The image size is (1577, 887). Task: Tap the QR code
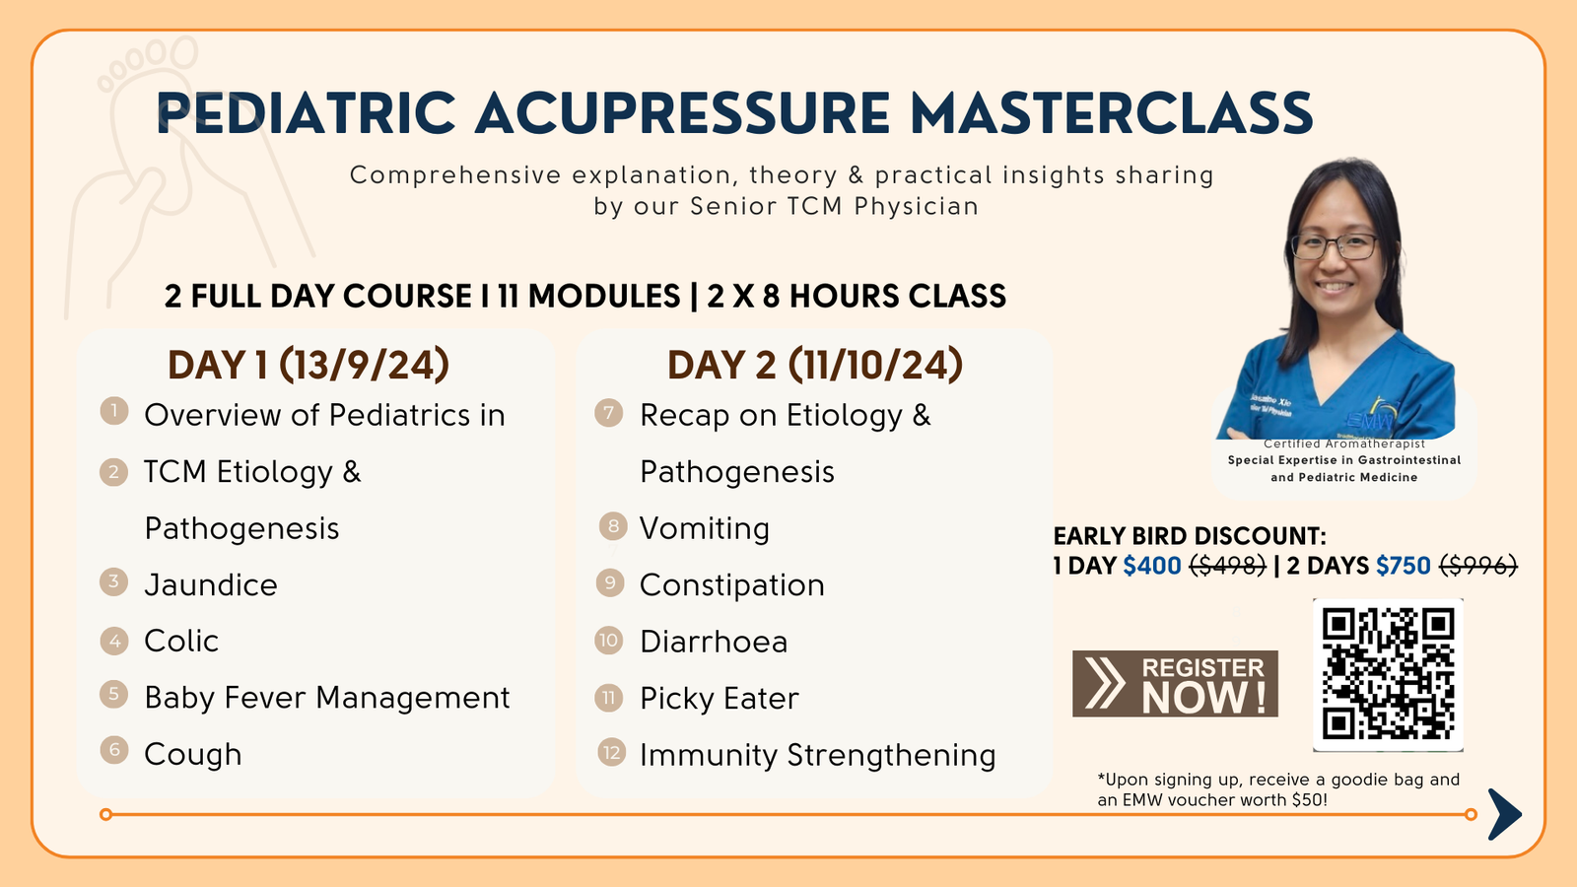(x=1388, y=675)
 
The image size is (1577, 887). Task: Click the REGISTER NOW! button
(x=1175, y=684)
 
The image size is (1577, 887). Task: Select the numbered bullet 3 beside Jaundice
(x=113, y=582)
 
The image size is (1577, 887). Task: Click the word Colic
(x=181, y=642)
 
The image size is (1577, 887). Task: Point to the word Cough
(x=193, y=755)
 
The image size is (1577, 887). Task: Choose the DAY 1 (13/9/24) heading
(x=309, y=365)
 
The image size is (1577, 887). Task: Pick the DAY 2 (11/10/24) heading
(x=814, y=365)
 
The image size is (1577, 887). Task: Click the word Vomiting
(x=704, y=528)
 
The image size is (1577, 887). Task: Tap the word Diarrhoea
(x=714, y=642)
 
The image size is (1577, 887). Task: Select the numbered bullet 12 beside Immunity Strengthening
(x=611, y=753)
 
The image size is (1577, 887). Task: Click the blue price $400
(x=1152, y=566)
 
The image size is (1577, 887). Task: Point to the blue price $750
(x=1404, y=566)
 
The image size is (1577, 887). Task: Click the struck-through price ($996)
(x=1477, y=566)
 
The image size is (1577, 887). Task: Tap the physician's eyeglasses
(x=1335, y=246)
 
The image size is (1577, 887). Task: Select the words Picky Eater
(x=719, y=699)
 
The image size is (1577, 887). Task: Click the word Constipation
(x=731, y=585)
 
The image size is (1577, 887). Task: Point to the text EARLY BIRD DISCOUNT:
(x=1190, y=536)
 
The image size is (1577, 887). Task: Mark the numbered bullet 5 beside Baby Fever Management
(x=113, y=694)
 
